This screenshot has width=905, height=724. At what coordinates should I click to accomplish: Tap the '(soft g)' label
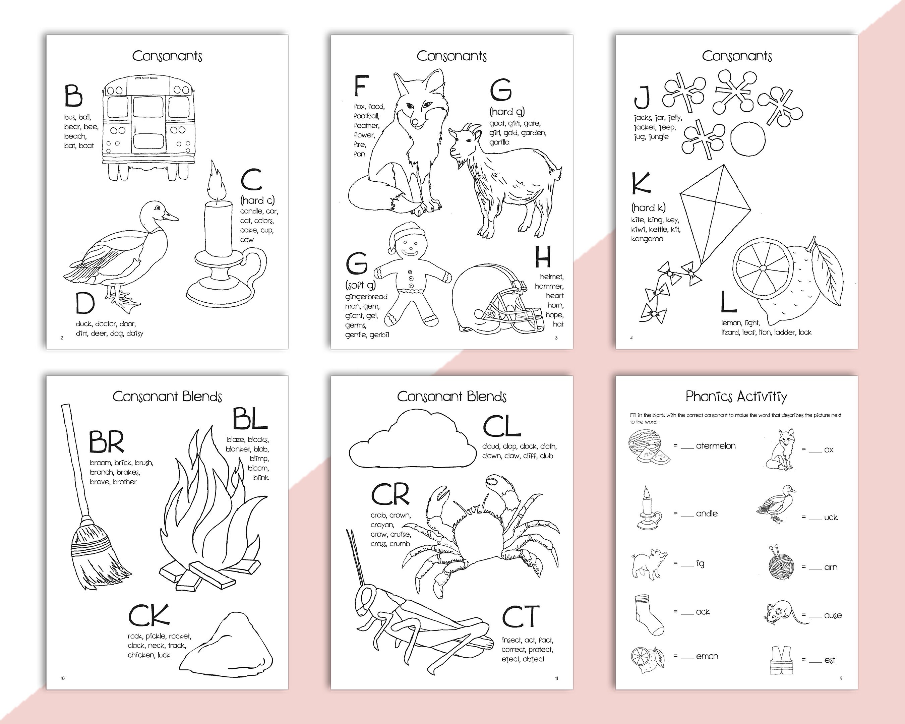(x=361, y=285)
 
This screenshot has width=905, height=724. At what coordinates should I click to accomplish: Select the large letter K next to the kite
(x=641, y=183)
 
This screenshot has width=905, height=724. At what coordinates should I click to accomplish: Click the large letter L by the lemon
(x=728, y=302)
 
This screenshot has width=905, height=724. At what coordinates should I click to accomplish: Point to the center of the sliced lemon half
(x=763, y=268)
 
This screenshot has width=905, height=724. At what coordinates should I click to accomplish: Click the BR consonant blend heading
(x=107, y=442)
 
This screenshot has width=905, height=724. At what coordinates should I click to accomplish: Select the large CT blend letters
(x=521, y=616)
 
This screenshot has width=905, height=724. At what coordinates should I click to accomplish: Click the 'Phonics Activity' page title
(x=736, y=396)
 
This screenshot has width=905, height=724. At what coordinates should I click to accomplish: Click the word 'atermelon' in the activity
(x=716, y=446)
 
